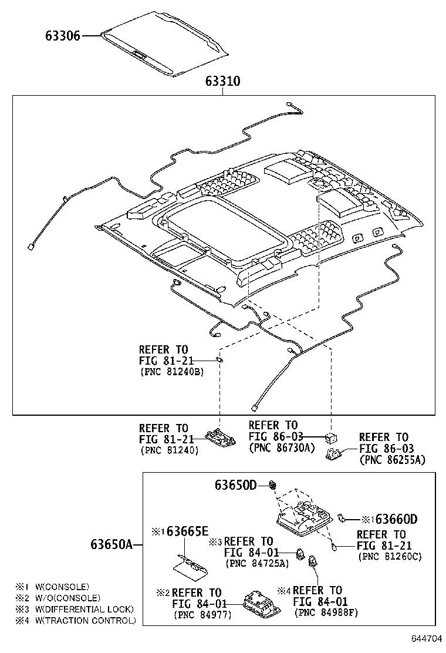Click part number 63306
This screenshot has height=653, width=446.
click(x=63, y=36)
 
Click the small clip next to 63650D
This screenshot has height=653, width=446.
click(x=273, y=484)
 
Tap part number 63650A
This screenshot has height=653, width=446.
click(x=112, y=544)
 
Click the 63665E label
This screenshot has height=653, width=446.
click(x=187, y=531)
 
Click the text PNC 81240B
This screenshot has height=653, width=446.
click(x=172, y=372)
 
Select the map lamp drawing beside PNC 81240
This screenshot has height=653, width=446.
click(x=221, y=438)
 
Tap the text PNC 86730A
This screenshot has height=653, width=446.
click(x=282, y=447)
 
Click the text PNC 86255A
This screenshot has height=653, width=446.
click(x=392, y=461)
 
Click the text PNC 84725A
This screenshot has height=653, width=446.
click(x=257, y=563)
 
